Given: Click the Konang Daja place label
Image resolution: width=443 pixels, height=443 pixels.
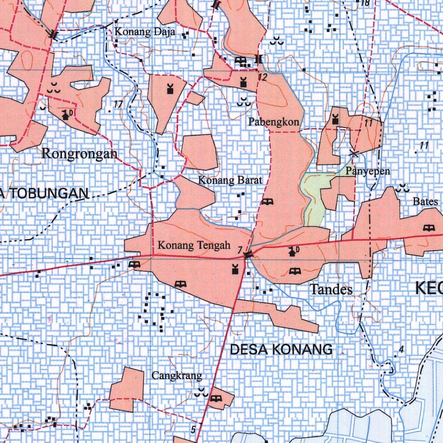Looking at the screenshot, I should (x=144, y=32).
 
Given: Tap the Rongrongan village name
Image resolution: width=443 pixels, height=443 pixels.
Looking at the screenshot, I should (x=79, y=154).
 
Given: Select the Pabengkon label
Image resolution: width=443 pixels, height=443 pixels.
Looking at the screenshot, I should (x=273, y=122).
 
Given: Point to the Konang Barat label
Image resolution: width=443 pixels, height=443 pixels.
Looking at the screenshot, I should (x=230, y=180).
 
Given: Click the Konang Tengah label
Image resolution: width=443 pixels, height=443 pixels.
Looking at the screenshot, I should (x=193, y=246).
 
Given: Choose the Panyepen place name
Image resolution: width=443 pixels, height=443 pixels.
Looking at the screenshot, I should (x=367, y=171).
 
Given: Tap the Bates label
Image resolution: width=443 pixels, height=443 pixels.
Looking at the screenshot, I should (x=422, y=201).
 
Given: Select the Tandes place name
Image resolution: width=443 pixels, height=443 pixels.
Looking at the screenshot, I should (x=331, y=289).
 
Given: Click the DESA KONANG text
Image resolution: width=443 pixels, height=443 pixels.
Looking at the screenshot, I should (x=281, y=350).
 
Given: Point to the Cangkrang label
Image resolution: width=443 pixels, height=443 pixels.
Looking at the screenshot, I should (x=177, y=376).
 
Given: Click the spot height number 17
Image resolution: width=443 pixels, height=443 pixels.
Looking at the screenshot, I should (x=119, y=104).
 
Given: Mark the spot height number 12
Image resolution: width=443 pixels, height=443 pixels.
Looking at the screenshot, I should (x=262, y=77).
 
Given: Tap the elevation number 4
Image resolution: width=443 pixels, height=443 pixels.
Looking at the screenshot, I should (x=401, y=349).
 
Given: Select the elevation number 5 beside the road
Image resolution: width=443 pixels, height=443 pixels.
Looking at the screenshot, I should (x=193, y=429).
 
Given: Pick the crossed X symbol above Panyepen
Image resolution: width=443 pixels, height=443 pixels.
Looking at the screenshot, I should (x=354, y=153).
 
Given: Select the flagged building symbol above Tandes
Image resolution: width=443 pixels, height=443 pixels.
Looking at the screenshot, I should (x=293, y=251).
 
